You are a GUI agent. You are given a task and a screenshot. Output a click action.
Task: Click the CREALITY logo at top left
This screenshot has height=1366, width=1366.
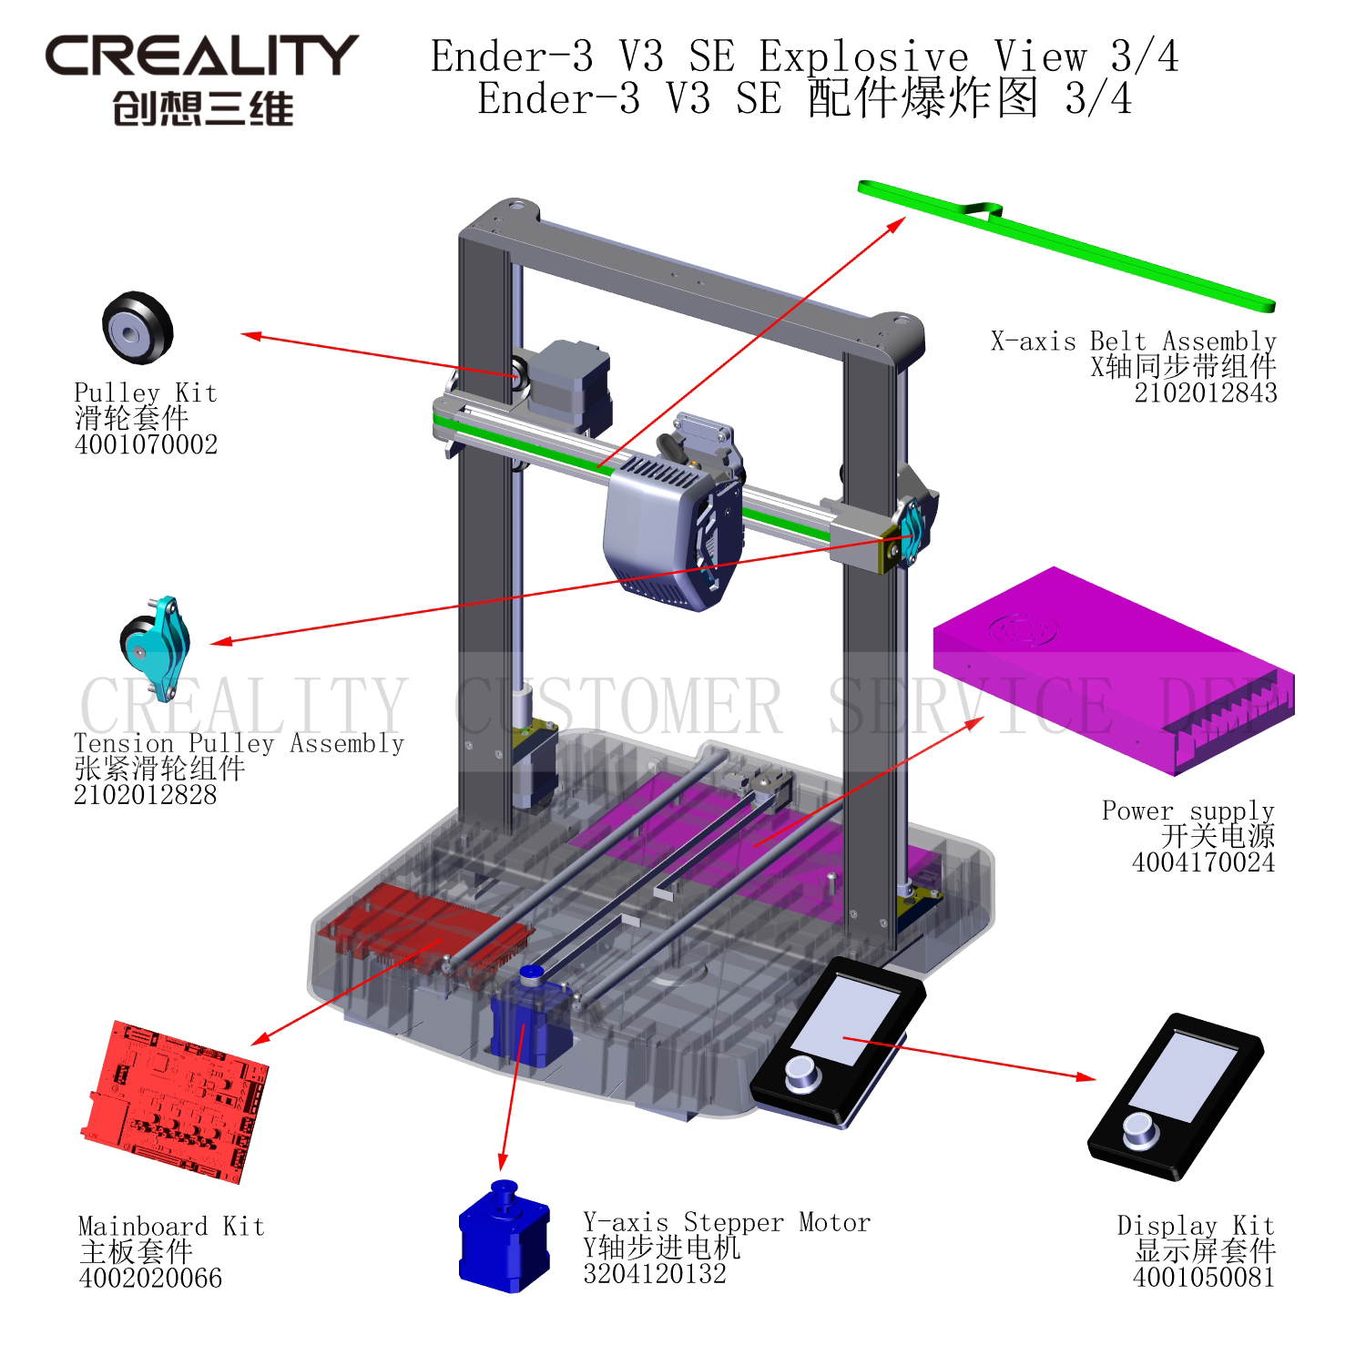pyautogui.click(x=202, y=80)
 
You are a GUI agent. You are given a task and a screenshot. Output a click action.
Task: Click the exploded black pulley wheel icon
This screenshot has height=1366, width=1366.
pyautogui.click(x=137, y=328)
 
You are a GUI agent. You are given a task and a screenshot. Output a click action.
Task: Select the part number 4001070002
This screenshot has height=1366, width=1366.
pyautogui.click(x=146, y=444)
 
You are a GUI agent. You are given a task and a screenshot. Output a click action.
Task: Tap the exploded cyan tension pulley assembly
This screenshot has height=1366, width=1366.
pyautogui.click(x=155, y=647)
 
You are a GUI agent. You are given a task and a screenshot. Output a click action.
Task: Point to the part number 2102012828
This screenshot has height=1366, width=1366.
pyautogui.click(x=146, y=795)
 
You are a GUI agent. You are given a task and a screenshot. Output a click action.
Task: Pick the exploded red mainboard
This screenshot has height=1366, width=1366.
pyautogui.click(x=174, y=1102)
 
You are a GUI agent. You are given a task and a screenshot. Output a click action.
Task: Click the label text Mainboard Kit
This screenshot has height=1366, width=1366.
pyautogui.click(x=171, y=1226)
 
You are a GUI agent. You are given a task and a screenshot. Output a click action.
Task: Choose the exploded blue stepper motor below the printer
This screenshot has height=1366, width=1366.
pyautogui.click(x=505, y=1236)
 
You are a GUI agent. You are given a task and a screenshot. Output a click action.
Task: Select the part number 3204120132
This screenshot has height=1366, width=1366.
pyautogui.click(x=655, y=1273)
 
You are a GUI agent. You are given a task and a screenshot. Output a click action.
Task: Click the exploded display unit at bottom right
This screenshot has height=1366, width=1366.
pyautogui.click(x=1176, y=1096)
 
